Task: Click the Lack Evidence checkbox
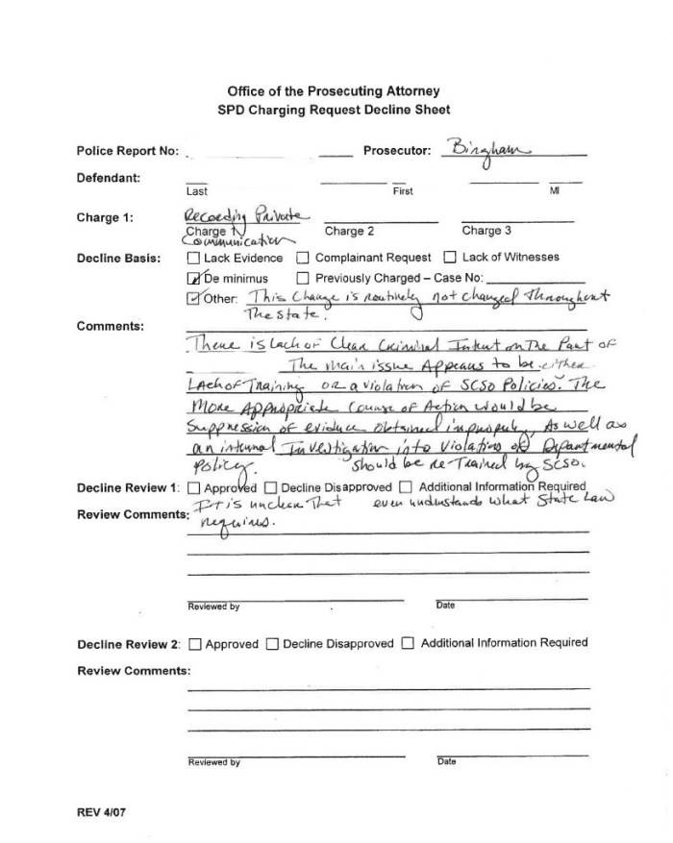(193, 258)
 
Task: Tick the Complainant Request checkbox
(303, 258)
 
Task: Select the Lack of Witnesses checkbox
(450, 258)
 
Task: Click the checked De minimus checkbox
(193, 278)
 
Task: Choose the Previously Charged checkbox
(303, 278)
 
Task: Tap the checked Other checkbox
(193, 298)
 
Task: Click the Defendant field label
(109, 178)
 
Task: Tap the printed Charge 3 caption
(486, 231)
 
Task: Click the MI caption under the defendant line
(554, 191)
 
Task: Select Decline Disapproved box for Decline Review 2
(272, 643)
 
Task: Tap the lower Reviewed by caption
(213, 762)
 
